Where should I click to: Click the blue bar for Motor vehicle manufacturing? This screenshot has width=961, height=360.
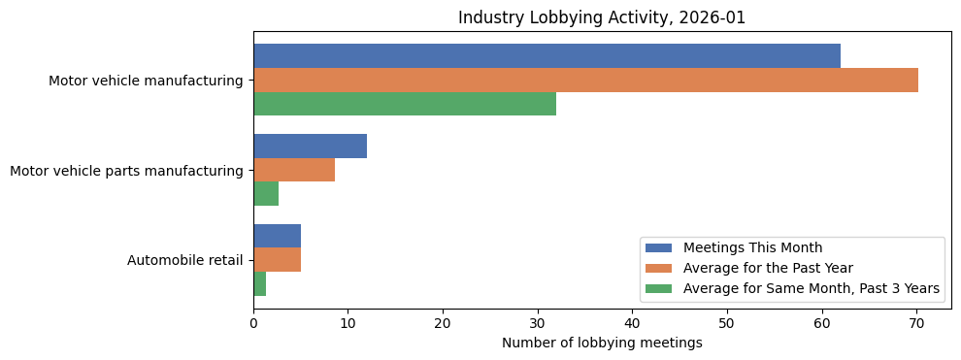tap(547, 56)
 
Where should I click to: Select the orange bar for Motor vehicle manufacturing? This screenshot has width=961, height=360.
tap(585, 81)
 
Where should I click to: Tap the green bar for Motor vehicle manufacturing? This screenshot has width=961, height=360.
tap(405, 104)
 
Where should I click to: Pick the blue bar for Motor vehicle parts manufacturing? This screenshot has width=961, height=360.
tap(310, 147)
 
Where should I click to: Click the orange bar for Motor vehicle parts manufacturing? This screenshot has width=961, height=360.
tap(294, 171)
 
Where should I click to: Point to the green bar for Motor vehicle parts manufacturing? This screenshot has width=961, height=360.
tap(266, 194)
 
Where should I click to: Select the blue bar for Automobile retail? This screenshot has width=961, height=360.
tap(277, 236)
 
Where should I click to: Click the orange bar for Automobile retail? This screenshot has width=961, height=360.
tap(277, 260)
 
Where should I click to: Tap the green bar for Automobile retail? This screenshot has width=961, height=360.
tap(260, 283)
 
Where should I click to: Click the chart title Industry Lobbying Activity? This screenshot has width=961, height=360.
tap(602, 17)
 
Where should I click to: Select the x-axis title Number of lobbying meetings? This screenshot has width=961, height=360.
tap(602, 343)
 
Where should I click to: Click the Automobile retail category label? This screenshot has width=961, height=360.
tap(184, 260)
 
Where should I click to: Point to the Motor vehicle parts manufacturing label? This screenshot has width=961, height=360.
tap(126, 171)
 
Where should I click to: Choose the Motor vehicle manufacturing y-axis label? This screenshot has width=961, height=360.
tap(146, 81)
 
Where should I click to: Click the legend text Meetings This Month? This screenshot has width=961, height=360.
tap(753, 247)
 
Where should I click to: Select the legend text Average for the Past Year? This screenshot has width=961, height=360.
tap(768, 268)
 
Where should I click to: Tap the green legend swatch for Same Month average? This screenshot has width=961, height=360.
tap(659, 288)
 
